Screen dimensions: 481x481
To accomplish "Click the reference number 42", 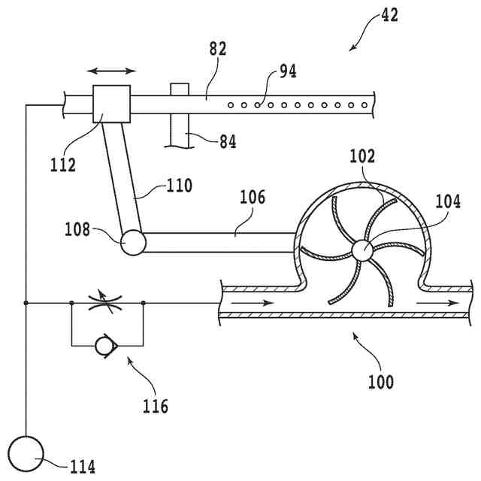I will click(389, 15).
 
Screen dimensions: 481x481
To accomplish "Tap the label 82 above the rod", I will click(218, 50).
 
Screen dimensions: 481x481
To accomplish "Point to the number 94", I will click(288, 71).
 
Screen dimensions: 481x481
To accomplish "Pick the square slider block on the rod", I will click(111, 104).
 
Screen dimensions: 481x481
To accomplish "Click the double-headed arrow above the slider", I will click(112, 71).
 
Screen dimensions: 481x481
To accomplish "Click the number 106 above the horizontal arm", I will click(252, 197).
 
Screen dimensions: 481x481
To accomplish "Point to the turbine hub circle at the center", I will click(361, 250).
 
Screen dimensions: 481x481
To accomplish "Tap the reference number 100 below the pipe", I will click(380, 381).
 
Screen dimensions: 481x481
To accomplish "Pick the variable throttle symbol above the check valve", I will click(107, 303).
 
